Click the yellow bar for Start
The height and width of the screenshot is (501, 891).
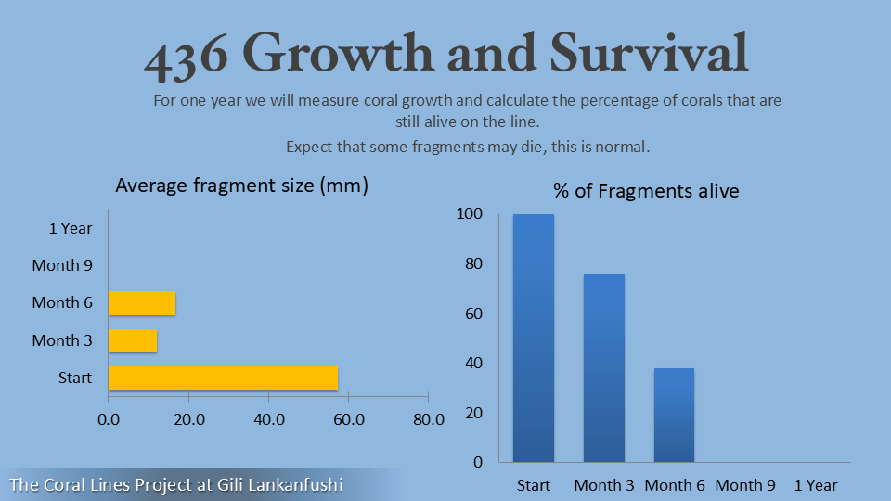pyautogui.click(x=223, y=378)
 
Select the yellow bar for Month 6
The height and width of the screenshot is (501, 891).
pyautogui.click(x=142, y=302)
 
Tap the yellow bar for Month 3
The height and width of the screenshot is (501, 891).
pyautogui.click(x=133, y=340)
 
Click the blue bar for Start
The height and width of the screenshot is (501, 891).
pyautogui.click(x=534, y=338)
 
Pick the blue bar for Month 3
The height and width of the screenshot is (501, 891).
pyautogui.click(x=604, y=367)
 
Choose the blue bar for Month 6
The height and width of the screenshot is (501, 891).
pyautogui.click(x=674, y=415)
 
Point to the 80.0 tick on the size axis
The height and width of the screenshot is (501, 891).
pyautogui.click(x=428, y=419)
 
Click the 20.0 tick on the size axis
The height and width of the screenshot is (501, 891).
pyautogui.click(x=188, y=419)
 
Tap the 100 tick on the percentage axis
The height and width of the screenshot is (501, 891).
pyautogui.click(x=471, y=214)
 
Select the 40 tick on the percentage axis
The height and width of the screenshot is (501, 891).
pyautogui.click(x=474, y=363)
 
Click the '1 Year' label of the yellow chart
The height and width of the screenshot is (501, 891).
pyautogui.click(x=71, y=227)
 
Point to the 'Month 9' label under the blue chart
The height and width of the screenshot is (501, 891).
pyautogui.click(x=745, y=485)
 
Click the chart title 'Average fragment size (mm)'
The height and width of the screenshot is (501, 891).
pyautogui.click(x=241, y=186)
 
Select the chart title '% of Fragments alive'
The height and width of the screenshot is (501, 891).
pyautogui.click(x=646, y=191)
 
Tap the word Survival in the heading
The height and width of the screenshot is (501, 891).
pyautogui.click(x=649, y=54)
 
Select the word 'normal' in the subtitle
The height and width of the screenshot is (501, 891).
pyautogui.click(x=627, y=147)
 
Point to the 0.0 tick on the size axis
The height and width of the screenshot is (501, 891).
pyautogui.click(x=109, y=419)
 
